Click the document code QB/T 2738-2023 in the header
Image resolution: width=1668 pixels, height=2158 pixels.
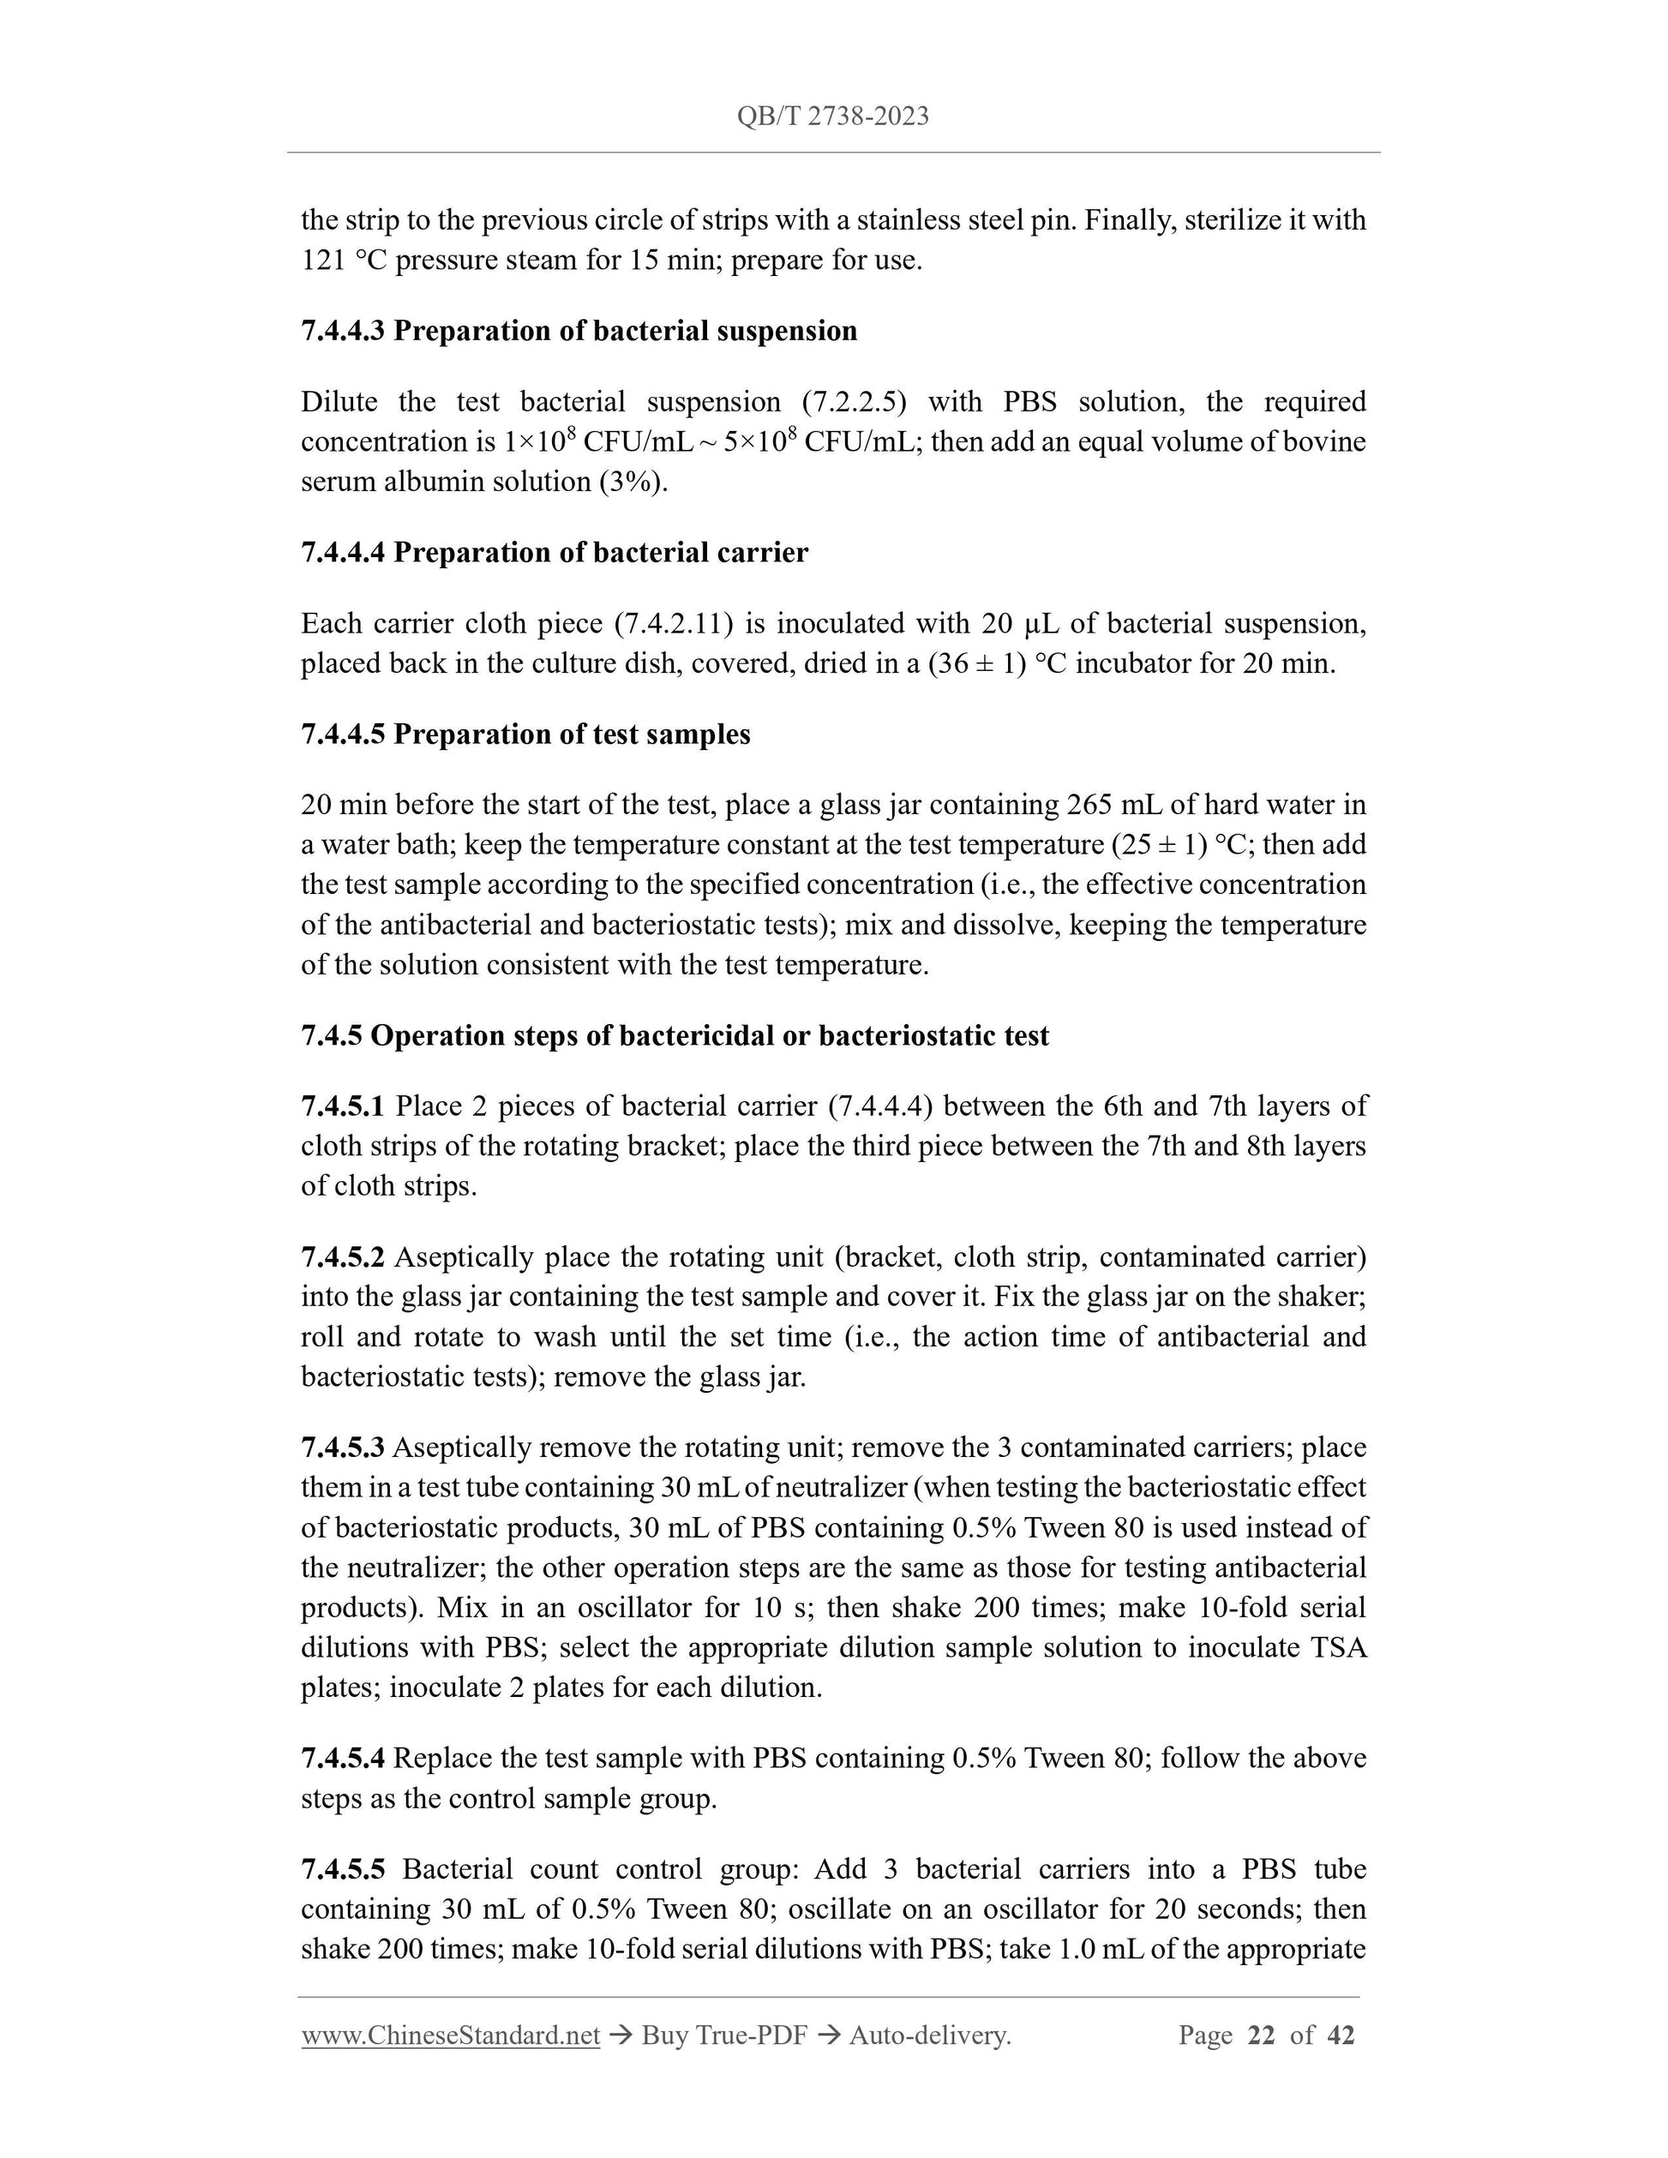[x=832, y=117]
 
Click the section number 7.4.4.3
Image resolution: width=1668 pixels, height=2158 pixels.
[x=342, y=331]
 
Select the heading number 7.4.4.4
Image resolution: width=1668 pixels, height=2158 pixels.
[x=342, y=552]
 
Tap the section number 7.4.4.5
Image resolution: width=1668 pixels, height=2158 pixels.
[x=342, y=734]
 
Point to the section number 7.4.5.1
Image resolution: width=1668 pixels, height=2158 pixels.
[x=342, y=1106]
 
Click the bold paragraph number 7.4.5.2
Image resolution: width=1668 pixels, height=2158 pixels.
[x=342, y=1257]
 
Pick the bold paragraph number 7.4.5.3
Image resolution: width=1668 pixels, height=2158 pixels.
[x=342, y=1448]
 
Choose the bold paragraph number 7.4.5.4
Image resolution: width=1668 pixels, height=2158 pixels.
[x=342, y=1758]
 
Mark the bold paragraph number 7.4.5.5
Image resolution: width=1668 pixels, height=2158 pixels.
[x=342, y=1869]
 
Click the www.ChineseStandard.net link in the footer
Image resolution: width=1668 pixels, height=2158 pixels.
[x=451, y=2035]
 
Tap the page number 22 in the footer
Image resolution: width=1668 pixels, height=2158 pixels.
[x=1261, y=2035]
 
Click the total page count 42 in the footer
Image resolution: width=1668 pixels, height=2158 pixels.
[x=1340, y=2035]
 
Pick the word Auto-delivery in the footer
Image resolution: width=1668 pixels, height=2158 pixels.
[x=929, y=2035]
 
